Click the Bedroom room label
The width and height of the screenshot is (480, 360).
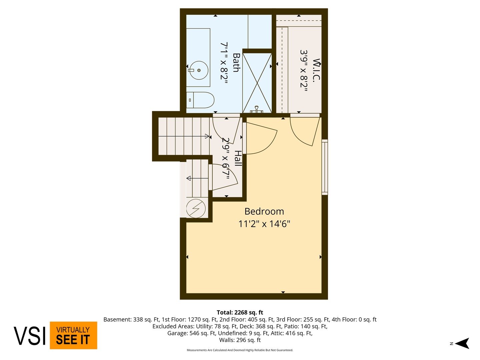click(x=264, y=211)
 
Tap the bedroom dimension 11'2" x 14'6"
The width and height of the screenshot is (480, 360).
click(x=264, y=224)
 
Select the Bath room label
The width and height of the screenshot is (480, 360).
click(x=236, y=62)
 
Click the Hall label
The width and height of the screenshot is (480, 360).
click(x=237, y=158)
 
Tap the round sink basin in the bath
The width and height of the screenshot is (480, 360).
click(x=199, y=70)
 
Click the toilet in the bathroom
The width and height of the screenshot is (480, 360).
click(x=200, y=100)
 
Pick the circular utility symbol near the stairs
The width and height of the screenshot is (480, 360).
click(x=196, y=209)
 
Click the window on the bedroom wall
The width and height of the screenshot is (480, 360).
click(x=324, y=167)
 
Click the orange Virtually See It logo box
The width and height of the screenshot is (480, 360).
click(x=73, y=335)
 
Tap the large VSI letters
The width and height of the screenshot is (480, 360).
click(x=30, y=336)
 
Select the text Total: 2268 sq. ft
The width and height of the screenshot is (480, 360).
click(x=240, y=312)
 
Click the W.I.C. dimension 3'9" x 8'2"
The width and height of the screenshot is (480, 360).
click(x=303, y=70)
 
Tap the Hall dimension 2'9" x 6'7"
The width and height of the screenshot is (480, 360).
click(x=226, y=158)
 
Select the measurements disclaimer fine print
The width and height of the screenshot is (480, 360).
click(x=240, y=350)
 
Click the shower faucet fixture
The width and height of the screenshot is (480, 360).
click(x=257, y=109)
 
